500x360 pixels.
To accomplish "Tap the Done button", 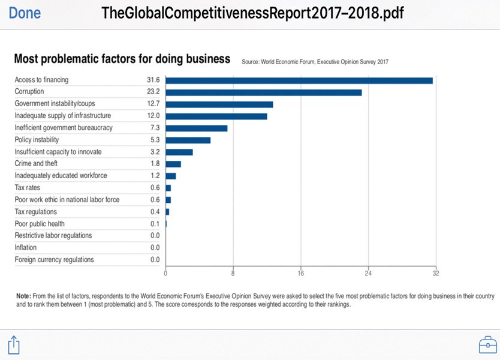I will pos(25,13).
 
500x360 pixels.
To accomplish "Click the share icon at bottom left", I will pos(14,344).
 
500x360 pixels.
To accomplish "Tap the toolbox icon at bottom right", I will pos(487,345).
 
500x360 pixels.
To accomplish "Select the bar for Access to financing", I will pos(299,80).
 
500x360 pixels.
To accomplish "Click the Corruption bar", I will pos(263,92).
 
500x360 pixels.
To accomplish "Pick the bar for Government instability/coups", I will pos(219,104).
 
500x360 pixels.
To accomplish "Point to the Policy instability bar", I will pos(188,140).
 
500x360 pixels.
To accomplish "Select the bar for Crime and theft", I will pos(173,164).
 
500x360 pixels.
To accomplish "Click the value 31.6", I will pos(153,80).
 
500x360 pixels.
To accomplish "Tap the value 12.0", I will pos(153,115).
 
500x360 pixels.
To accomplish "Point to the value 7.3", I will pos(155,128).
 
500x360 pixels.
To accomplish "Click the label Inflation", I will pos(26,247).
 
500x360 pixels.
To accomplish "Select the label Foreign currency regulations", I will pos(54,260).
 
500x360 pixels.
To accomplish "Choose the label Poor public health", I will pos(40,224).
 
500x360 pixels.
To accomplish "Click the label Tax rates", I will pos(28,188).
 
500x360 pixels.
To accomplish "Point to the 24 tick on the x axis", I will pos(368,274).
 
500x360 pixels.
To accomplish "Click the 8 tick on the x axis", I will pos(233,274).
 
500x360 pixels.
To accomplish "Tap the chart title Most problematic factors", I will pos(122,59).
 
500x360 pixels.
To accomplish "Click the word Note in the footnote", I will pos(23,296).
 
